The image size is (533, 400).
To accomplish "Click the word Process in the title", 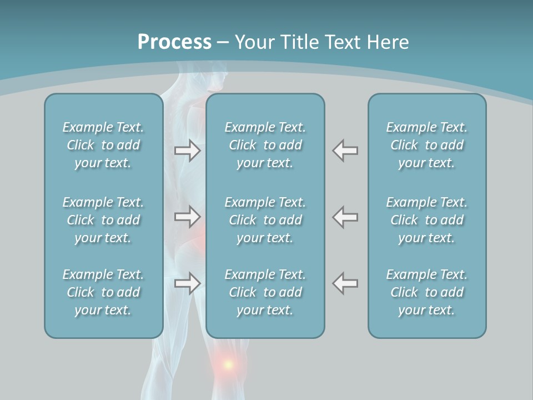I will click(174, 42).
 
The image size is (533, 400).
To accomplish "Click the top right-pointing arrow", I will click(188, 151).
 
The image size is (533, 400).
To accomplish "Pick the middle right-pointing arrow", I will click(188, 217).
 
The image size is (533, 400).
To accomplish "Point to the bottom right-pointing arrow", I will click(188, 283).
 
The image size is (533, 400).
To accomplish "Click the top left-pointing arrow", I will click(345, 151).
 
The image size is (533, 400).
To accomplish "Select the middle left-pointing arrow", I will click(345, 217).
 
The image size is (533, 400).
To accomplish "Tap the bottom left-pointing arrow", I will click(345, 283).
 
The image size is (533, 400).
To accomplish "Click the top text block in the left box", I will click(103, 145).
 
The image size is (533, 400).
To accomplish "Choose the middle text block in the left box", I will click(103, 220).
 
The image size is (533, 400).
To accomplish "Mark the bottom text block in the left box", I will click(103, 292).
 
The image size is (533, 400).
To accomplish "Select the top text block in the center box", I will click(265, 145).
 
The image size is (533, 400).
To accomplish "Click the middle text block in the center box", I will click(265, 220).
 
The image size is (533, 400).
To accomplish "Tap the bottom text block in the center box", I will click(265, 292).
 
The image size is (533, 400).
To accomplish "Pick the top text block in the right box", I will click(426, 145).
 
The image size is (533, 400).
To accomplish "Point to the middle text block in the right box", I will click(426, 220).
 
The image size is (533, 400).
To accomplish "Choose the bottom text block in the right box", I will click(426, 292).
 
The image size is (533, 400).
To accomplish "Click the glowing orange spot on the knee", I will click(228, 364).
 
